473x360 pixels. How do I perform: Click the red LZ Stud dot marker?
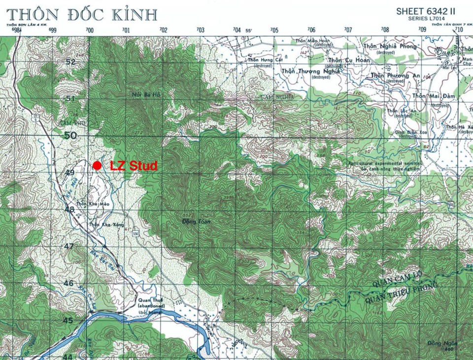click(x=98, y=165)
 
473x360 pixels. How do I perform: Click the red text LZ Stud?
click(x=134, y=166)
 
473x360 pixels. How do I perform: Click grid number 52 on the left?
click(x=70, y=62)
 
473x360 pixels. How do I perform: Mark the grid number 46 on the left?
click(x=68, y=283)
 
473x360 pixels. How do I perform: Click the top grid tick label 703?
click(x=200, y=30)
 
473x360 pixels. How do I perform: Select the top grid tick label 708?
click(x=385, y=30)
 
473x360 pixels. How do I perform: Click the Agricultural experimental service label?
click(x=385, y=163)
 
